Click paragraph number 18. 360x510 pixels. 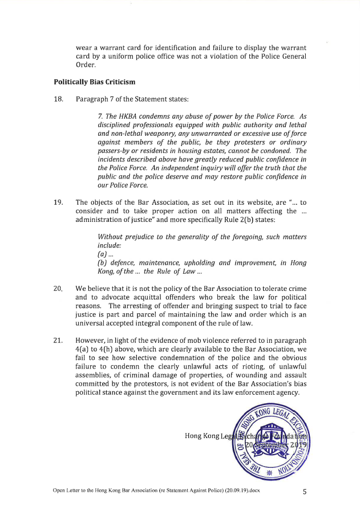(x=58, y=99)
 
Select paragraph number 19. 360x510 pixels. (x=58, y=201)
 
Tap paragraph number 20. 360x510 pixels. (x=58, y=289)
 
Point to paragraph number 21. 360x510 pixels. (x=58, y=341)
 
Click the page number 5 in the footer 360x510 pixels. (x=305, y=490)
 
